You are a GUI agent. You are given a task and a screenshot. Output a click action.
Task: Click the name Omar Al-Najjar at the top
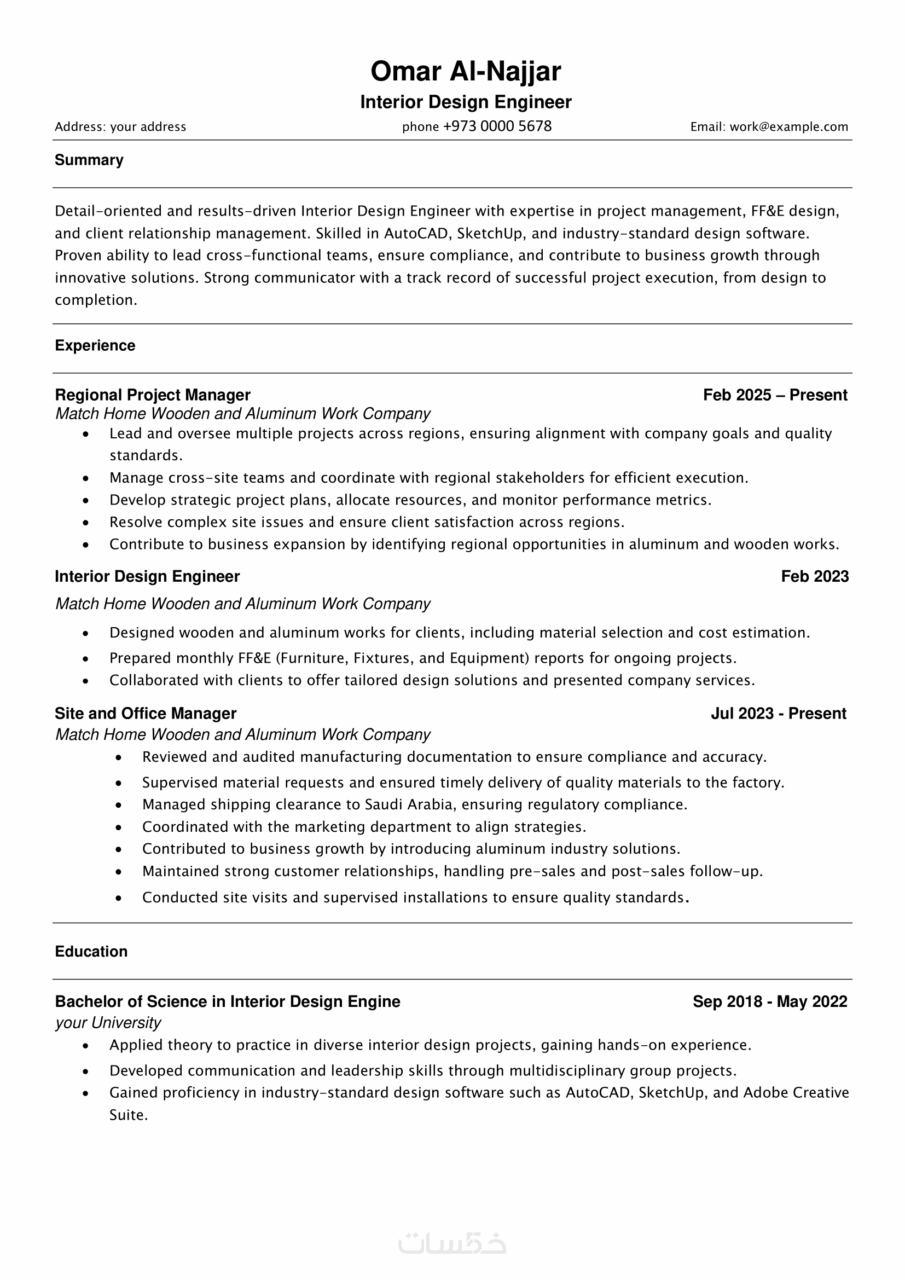coord(465,71)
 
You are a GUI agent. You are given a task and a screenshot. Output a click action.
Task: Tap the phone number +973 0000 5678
coord(497,126)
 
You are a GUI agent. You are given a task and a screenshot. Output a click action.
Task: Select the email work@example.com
coord(788,127)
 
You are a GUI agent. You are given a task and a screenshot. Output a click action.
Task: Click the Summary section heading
coord(89,160)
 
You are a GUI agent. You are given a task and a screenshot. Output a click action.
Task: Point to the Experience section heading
coord(95,346)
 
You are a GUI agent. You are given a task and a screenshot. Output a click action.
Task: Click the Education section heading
coord(91,952)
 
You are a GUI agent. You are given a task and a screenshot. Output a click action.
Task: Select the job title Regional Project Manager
coord(153,395)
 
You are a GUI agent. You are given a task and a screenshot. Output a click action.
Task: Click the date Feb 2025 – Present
coord(775,395)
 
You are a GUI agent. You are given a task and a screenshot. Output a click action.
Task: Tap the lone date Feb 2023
coord(814,576)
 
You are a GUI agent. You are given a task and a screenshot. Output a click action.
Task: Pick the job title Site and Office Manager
coord(146,714)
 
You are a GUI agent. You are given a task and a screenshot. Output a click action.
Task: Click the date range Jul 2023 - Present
coord(778,714)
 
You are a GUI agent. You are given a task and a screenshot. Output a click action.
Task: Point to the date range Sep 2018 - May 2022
coord(770,1002)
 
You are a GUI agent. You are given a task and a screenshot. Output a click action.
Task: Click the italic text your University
coord(108,1023)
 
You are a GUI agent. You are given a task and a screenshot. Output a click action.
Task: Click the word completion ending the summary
coord(95,300)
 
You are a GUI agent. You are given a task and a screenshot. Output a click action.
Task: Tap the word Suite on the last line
coord(128,1115)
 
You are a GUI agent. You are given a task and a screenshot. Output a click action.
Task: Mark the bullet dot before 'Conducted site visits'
coord(119,899)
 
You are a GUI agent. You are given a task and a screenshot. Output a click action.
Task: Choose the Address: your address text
coord(120,127)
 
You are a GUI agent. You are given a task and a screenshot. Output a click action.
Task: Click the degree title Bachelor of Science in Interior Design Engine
coord(228,1002)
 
